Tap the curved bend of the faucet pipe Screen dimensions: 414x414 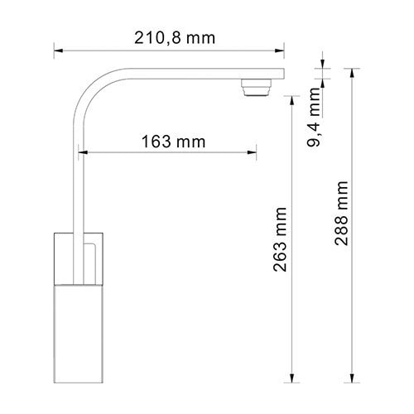[95, 87]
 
